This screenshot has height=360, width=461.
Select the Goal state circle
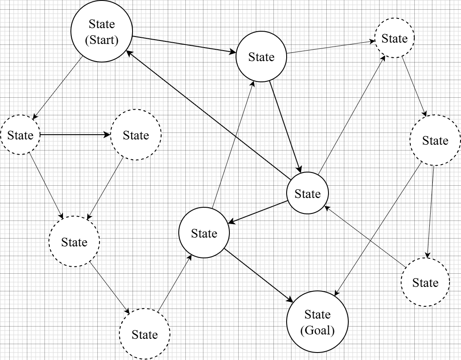[317, 322]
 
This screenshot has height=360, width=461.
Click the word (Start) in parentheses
[102, 40]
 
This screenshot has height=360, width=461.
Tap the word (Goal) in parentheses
[317, 330]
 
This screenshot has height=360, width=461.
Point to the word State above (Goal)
[317, 314]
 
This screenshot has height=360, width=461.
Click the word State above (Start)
[102, 24]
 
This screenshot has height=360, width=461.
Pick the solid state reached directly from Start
[261, 56]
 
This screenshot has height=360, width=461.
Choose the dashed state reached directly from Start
[20, 135]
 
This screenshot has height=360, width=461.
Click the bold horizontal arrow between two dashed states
[75, 135]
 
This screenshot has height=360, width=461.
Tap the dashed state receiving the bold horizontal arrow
[136, 135]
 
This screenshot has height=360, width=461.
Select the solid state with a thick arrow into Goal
[204, 233]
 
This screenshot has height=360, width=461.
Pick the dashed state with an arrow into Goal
[435, 140]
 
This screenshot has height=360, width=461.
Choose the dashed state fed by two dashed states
[74, 242]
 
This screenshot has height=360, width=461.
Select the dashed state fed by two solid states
[394, 38]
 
